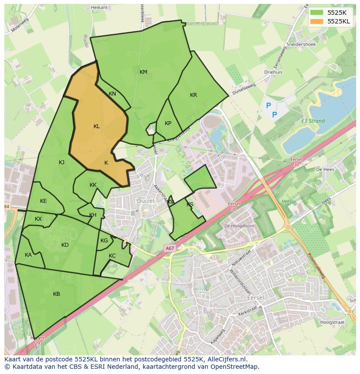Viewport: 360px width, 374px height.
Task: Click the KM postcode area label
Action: tap(143, 72)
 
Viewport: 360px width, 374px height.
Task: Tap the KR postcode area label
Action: tap(193, 95)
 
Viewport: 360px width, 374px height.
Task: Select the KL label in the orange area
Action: tap(97, 126)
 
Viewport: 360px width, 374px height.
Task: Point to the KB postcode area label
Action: tap(57, 294)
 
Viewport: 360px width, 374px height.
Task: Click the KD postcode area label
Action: tap(65, 245)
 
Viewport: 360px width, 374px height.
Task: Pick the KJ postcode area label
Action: tap(62, 162)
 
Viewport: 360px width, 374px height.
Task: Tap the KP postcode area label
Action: tap(168, 123)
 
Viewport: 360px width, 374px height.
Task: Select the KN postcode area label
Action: tap(112, 94)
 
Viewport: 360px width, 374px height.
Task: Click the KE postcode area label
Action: tap(43, 201)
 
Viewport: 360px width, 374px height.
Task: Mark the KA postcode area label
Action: tap(28, 255)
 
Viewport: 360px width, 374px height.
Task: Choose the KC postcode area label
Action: tap(112, 256)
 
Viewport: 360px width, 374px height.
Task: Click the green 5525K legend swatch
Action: tap(317, 13)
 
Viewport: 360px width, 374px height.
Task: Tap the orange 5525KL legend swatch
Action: tap(317, 21)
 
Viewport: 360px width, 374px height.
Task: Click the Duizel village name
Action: tap(145, 201)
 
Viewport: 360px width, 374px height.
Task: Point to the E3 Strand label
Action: tap(313, 121)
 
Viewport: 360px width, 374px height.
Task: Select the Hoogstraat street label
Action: tap(332, 322)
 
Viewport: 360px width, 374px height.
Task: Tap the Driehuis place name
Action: tap(273, 72)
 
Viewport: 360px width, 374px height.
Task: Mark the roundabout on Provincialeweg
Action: tap(287, 227)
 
